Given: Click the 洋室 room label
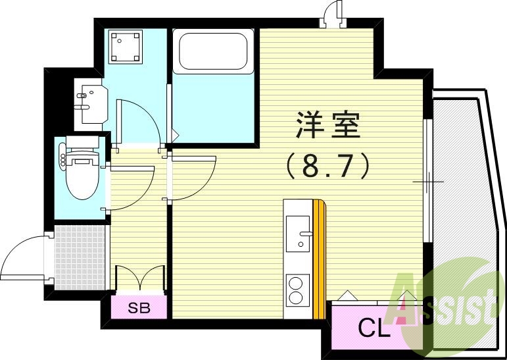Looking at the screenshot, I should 329,125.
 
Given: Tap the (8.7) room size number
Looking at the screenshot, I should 329,167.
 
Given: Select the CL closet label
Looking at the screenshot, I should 373,327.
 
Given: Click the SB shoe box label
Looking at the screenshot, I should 138,308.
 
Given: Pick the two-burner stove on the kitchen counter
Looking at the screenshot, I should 298,289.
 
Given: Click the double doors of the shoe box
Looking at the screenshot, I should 139,276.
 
